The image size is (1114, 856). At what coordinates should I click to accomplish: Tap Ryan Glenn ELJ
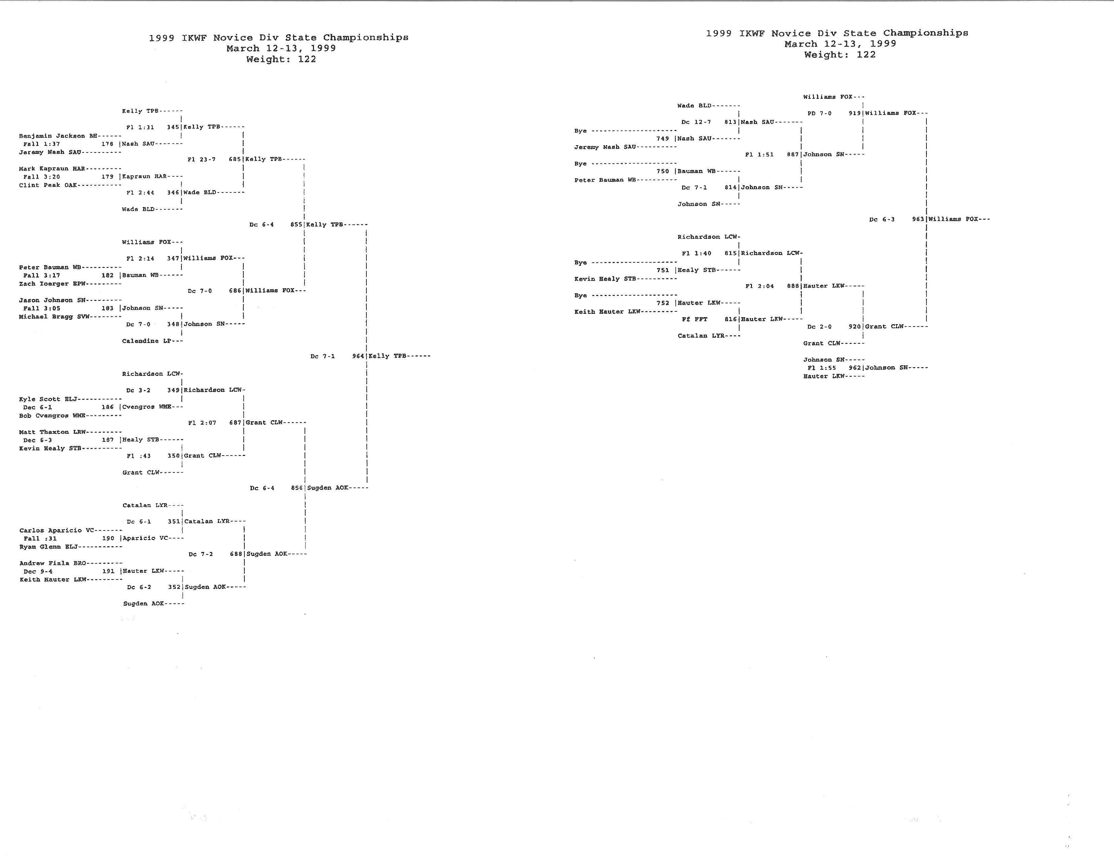pos(48,547)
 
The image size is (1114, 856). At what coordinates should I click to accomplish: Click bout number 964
pos(358,356)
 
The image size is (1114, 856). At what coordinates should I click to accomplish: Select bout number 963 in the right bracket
pos(918,219)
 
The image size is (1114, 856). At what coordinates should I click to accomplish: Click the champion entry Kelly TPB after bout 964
pos(388,356)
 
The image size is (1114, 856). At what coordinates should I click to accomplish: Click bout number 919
pos(854,113)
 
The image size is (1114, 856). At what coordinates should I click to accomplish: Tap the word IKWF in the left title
pos(194,38)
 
